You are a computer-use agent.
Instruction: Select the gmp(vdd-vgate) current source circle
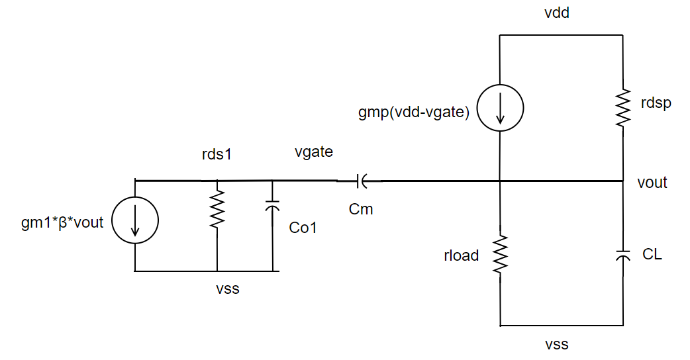click(x=500, y=108)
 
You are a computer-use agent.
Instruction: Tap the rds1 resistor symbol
click(x=217, y=210)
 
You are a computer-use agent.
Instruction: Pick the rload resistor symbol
click(x=500, y=254)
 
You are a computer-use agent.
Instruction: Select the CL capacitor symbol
click(x=622, y=255)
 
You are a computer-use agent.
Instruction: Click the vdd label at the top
click(x=556, y=14)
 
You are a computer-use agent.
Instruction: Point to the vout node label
click(x=652, y=183)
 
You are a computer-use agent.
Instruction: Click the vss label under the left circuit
click(x=226, y=289)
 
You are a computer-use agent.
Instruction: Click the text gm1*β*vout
click(x=62, y=222)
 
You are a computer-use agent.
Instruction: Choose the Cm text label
click(x=361, y=209)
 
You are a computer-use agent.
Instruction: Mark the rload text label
click(x=461, y=255)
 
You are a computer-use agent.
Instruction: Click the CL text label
click(x=652, y=254)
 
